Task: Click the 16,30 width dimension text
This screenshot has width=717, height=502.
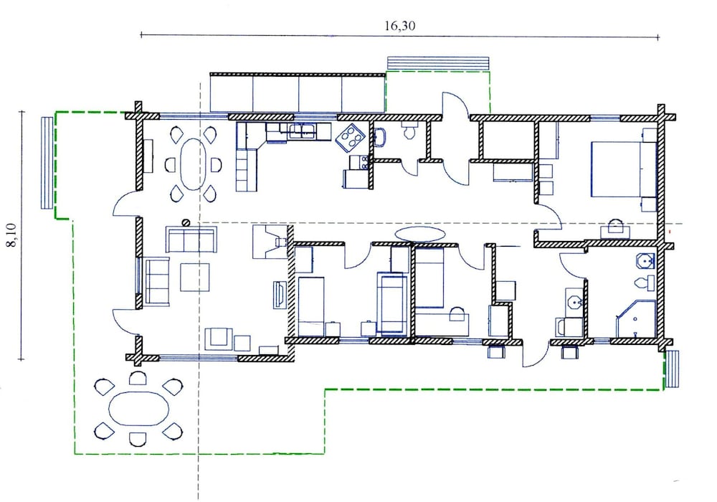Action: pos(399,26)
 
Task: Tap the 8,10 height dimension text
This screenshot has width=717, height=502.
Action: pos(11,235)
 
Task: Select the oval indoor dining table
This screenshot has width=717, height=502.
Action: pos(191,165)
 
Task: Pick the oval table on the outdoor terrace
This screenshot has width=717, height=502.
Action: pos(138,409)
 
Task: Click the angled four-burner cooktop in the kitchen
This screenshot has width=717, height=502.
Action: pos(350,136)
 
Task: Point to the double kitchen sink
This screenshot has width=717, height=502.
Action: pos(302,131)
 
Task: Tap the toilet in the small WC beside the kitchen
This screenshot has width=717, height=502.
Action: pos(409,131)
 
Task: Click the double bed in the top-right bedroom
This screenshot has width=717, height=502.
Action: pos(624,169)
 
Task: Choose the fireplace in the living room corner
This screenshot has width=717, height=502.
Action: pos(270,242)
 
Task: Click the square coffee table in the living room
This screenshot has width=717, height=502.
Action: pos(195,277)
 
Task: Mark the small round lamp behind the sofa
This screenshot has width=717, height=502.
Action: pos(186,222)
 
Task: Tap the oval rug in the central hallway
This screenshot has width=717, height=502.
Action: pos(419,234)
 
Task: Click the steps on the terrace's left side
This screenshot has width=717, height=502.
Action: pos(47,163)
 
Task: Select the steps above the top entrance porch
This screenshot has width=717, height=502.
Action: pos(438,63)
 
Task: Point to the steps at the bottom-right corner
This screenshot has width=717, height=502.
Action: pos(672,369)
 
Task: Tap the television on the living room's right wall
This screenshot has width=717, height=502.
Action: pos(280,295)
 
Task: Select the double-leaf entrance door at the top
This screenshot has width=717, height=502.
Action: pos(455,138)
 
